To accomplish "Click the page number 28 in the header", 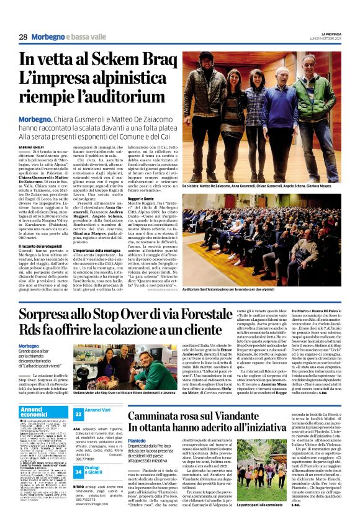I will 23,37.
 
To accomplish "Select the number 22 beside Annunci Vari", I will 78,413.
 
